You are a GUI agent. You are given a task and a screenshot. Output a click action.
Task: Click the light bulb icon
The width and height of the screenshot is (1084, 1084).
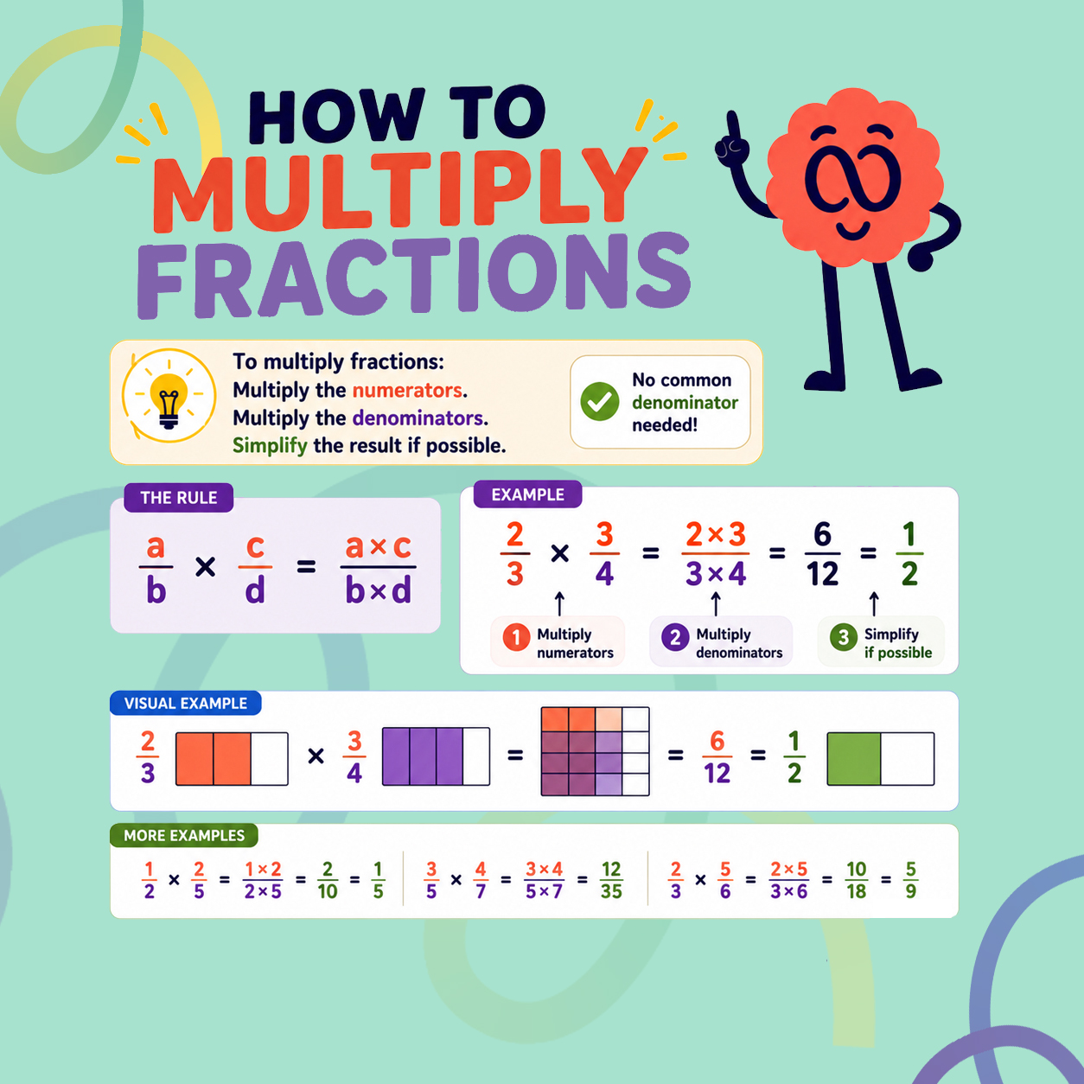point(169,399)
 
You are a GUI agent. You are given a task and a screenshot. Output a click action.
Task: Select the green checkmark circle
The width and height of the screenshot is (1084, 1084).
point(600,402)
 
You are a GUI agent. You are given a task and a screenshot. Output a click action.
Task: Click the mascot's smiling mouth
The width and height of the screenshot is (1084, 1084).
point(853,230)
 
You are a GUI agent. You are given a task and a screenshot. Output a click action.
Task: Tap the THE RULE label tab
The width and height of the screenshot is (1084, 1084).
point(178,497)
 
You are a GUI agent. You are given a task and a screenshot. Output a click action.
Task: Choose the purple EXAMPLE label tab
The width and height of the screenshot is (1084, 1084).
point(527,494)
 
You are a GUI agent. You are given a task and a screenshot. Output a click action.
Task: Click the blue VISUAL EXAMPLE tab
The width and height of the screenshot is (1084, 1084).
point(186,703)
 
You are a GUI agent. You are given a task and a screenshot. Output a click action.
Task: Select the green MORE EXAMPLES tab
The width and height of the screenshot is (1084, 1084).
point(184,835)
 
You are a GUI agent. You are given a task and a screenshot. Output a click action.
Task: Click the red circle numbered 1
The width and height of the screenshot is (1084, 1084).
point(516,637)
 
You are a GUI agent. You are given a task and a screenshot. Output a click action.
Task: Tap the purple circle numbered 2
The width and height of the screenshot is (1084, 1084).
point(675,637)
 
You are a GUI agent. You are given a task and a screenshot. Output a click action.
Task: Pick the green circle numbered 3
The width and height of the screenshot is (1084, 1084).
point(843,637)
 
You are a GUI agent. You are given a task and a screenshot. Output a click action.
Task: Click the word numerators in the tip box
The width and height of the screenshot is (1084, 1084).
point(407,390)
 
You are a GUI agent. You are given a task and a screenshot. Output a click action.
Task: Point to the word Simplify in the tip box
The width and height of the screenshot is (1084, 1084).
point(270,445)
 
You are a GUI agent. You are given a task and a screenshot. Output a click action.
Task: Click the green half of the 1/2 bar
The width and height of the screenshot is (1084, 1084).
point(854,758)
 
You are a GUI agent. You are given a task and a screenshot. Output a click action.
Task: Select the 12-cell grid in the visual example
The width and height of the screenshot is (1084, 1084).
point(595,751)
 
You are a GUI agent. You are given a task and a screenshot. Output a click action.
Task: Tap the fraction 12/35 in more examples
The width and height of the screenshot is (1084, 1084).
point(611,880)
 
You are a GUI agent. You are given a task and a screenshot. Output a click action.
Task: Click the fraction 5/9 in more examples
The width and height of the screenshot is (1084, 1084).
point(911,880)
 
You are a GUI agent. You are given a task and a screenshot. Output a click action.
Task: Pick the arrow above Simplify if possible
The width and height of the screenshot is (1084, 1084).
point(874,603)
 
